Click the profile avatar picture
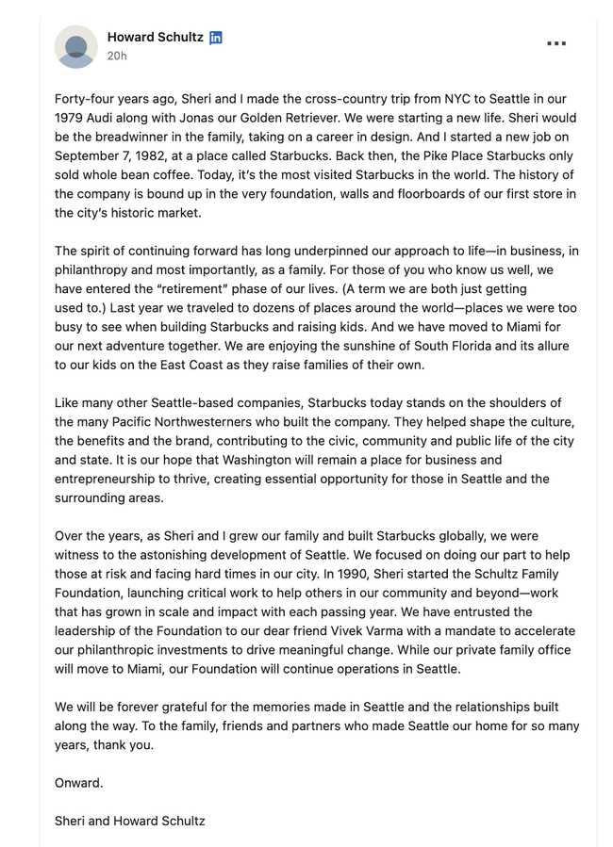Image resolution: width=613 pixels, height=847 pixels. (75, 46)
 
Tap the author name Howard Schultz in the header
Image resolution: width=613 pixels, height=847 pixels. (155, 37)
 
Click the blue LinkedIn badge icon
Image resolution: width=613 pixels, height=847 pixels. (216, 38)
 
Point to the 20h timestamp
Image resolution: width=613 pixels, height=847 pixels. (117, 56)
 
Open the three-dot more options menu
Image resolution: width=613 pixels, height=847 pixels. (556, 43)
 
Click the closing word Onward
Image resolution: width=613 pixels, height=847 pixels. (79, 783)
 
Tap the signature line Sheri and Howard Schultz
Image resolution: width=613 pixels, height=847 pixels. (129, 821)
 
